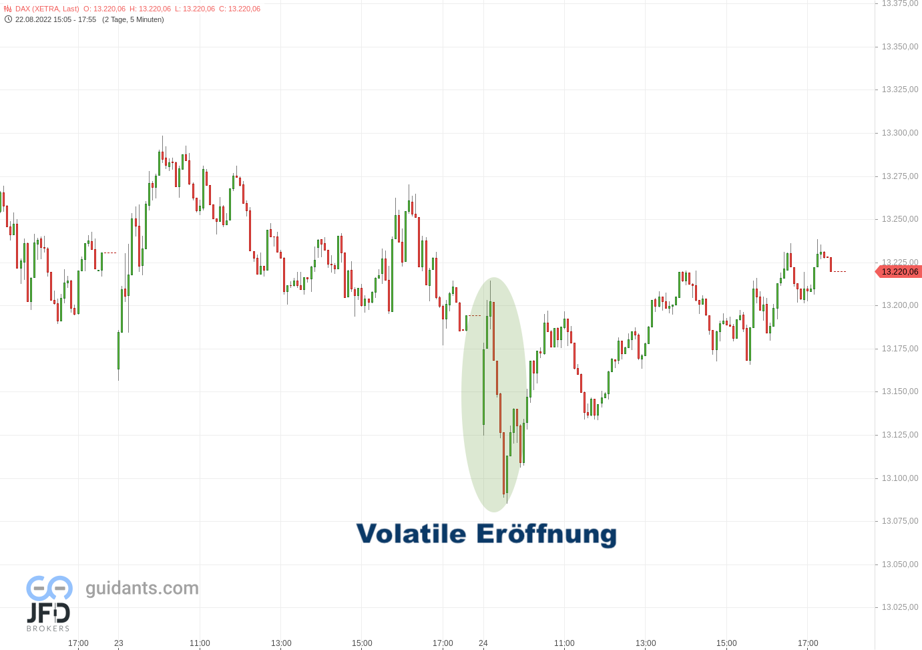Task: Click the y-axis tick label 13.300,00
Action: pos(899,133)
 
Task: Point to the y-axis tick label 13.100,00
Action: pos(899,478)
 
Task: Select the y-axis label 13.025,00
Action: pos(899,607)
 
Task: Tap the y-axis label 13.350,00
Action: pos(899,47)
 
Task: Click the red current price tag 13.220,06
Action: pos(899,272)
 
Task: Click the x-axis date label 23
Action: pos(119,643)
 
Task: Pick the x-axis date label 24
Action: pos(483,643)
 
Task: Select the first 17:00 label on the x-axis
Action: pos(78,643)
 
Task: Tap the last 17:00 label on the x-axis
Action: pos(808,643)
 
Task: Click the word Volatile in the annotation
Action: pos(411,534)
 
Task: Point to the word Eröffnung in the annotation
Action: pos(546,534)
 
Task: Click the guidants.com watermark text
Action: pos(142,588)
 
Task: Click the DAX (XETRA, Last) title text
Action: pos(47,9)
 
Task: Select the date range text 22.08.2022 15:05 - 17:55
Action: pos(55,19)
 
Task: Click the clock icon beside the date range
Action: pos(8,19)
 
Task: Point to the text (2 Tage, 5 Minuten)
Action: pos(133,19)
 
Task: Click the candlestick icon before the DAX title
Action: pos(8,9)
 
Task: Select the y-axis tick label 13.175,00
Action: pos(899,349)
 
